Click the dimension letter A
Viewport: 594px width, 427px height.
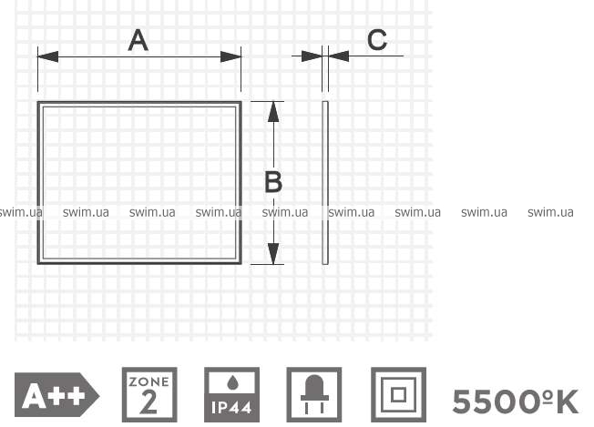[138, 40]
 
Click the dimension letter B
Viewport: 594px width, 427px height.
[273, 182]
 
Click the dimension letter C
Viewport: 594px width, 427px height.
[377, 40]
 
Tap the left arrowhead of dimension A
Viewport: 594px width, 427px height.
[47, 56]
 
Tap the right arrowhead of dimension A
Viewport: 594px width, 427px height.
[230, 56]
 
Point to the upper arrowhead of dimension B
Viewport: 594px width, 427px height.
[273, 112]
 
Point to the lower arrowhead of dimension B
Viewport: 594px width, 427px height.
[273, 254]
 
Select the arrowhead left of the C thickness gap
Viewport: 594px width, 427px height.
[312, 56]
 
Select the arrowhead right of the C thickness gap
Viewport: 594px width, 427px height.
[339, 56]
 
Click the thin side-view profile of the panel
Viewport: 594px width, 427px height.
[325, 182]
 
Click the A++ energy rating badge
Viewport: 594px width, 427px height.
[56, 395]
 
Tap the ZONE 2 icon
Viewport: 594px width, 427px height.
[149, 394]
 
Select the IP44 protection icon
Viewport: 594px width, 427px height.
[231, 394]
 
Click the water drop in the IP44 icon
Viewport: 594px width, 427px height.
[231, 383]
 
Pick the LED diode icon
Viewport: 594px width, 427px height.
[314, 394]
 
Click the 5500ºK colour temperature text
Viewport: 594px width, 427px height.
[516, 402]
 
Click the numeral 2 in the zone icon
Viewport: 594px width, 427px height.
[148, 402]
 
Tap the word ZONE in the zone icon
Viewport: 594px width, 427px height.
[148, 381]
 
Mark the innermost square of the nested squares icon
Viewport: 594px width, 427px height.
[398, 395]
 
